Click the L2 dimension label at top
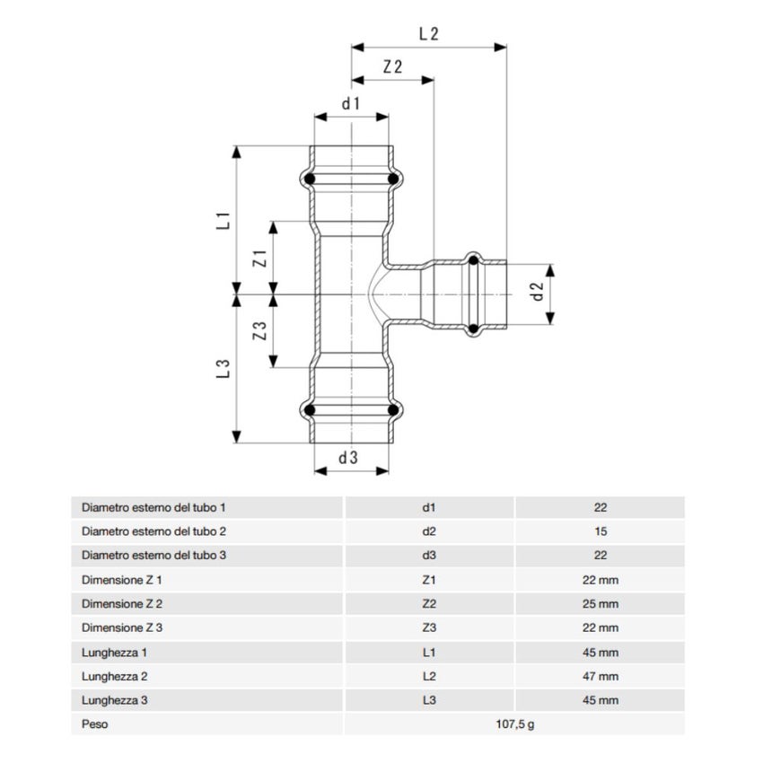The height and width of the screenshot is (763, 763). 429,34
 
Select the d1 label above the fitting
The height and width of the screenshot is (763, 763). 350,103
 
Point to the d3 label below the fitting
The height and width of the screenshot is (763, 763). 349,457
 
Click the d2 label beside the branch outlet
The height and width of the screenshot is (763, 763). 538,291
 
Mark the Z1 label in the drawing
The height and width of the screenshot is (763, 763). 259,259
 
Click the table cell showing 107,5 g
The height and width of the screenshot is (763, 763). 514,724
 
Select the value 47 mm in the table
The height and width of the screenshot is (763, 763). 600,676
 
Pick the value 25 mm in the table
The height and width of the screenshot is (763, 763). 600,604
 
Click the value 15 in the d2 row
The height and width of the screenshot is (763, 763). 600,531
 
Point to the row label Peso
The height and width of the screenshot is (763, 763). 94,724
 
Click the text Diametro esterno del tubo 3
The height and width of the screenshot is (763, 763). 153,556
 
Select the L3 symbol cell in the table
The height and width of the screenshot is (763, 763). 428,700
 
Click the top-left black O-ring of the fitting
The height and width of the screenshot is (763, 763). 310,180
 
